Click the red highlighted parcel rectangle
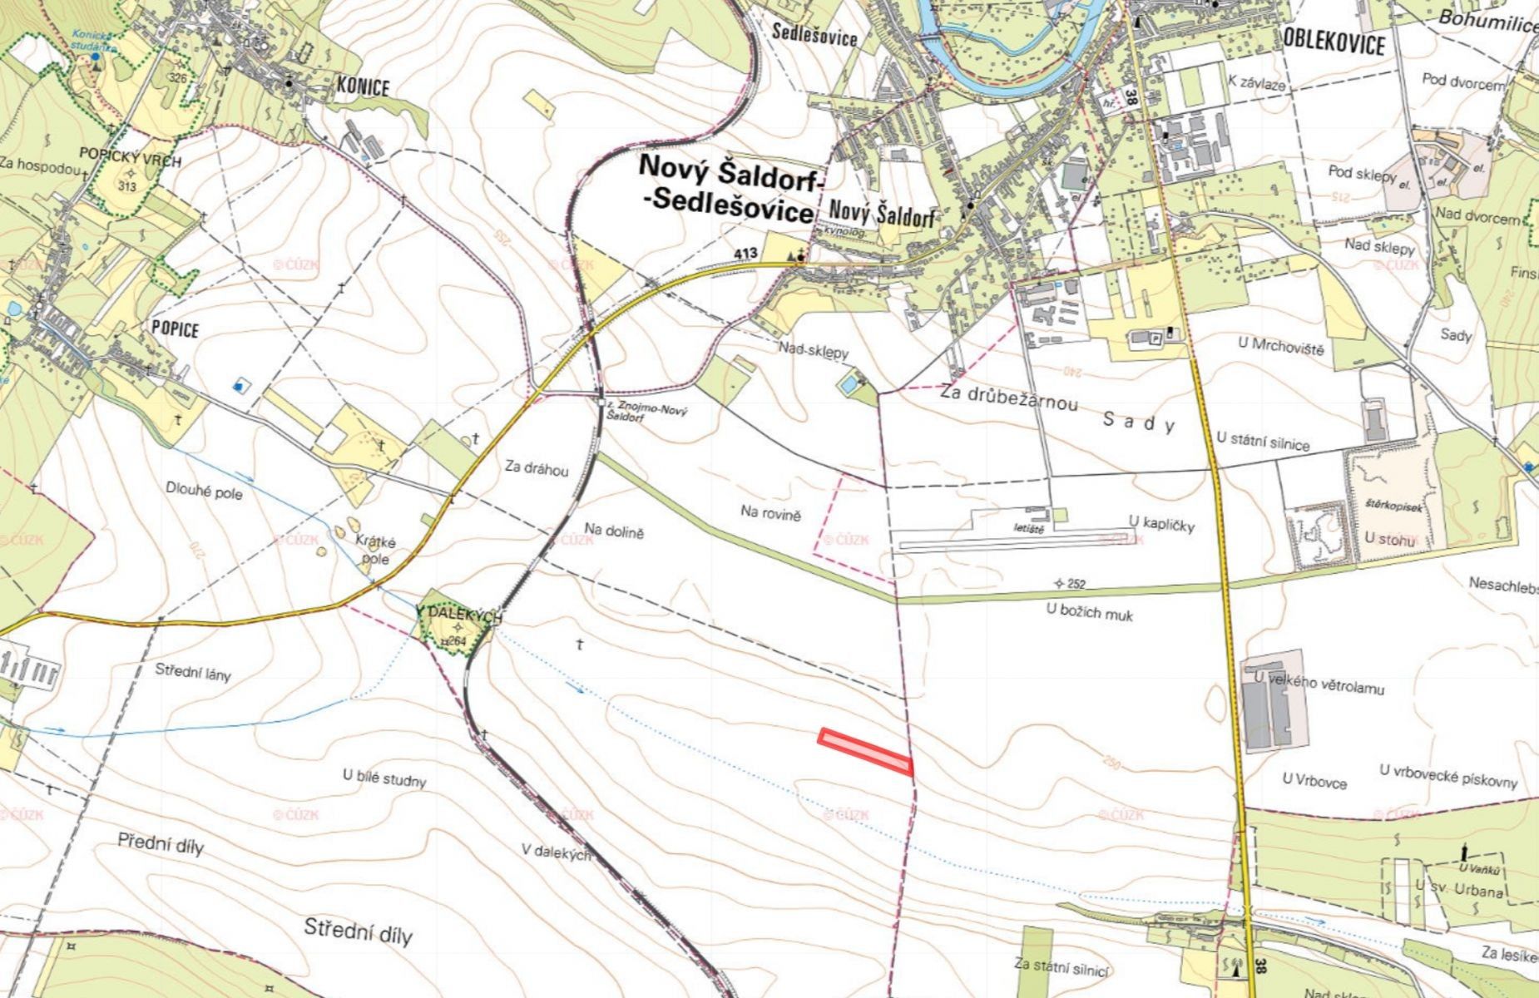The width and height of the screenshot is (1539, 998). [866, 752]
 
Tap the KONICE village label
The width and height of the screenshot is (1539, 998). [363, 86]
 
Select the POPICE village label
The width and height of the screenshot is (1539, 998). [175, 329]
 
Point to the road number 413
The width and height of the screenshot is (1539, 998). [746, 252]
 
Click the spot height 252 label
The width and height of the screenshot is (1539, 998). [1074, 584]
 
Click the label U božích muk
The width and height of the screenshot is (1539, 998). [1089, 612]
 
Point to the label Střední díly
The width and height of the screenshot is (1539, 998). [358, 931]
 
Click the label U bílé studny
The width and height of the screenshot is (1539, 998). [384, 778]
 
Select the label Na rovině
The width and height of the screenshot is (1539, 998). [770, 512]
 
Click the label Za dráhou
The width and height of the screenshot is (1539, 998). [537, 469]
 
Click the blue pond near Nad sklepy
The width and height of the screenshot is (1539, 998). [847, 385]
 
